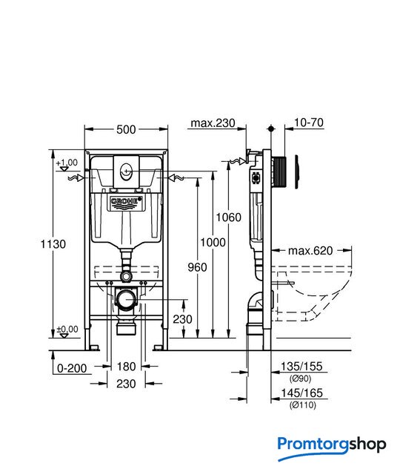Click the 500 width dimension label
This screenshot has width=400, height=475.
(126, 130)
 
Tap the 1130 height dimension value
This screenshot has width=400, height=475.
(53, 244)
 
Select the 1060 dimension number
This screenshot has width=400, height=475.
(229, 217)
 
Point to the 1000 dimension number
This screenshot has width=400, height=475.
(213, 243)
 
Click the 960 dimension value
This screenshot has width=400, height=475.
(198, 267)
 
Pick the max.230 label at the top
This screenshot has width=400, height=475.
(213, 123)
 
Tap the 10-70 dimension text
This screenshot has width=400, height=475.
(308, 122)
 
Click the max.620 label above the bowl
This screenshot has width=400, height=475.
(310, 251)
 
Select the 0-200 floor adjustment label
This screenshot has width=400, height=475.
(72, 368)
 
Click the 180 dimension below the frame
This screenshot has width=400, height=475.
(126, 367)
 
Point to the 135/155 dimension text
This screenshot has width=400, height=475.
(301, 366)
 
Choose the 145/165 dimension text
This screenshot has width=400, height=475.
(302, 393)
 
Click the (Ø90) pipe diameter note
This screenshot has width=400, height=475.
(300, 379)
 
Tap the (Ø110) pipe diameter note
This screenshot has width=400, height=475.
(303, 405)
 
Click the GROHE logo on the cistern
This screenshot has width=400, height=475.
(127, 201)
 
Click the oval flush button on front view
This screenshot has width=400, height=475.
(126, 172)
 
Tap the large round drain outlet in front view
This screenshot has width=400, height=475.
(126, 300)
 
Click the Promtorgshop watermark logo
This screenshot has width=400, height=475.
(332, 448)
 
